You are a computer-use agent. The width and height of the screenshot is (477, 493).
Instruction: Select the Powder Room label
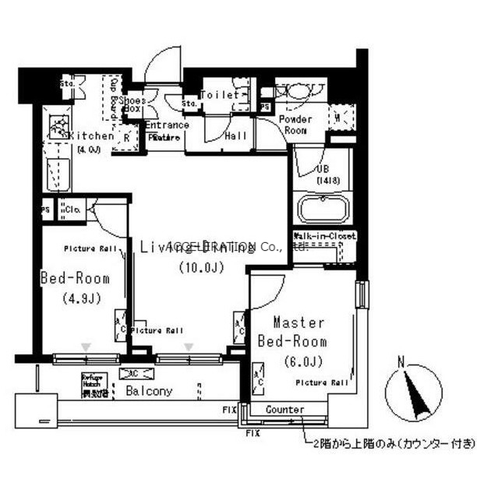coord(295,125)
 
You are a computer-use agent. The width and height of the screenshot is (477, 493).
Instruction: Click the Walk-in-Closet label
coord(324,235)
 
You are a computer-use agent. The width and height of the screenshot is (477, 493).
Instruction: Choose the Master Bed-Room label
coord(299,332)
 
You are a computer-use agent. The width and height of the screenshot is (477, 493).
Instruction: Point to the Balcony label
coord(149,391)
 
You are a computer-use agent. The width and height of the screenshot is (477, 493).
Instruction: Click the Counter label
coord(284,410)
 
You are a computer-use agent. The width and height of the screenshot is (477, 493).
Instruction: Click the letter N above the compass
coord(401,361)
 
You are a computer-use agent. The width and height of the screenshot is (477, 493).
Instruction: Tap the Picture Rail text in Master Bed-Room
coord(321,382)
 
